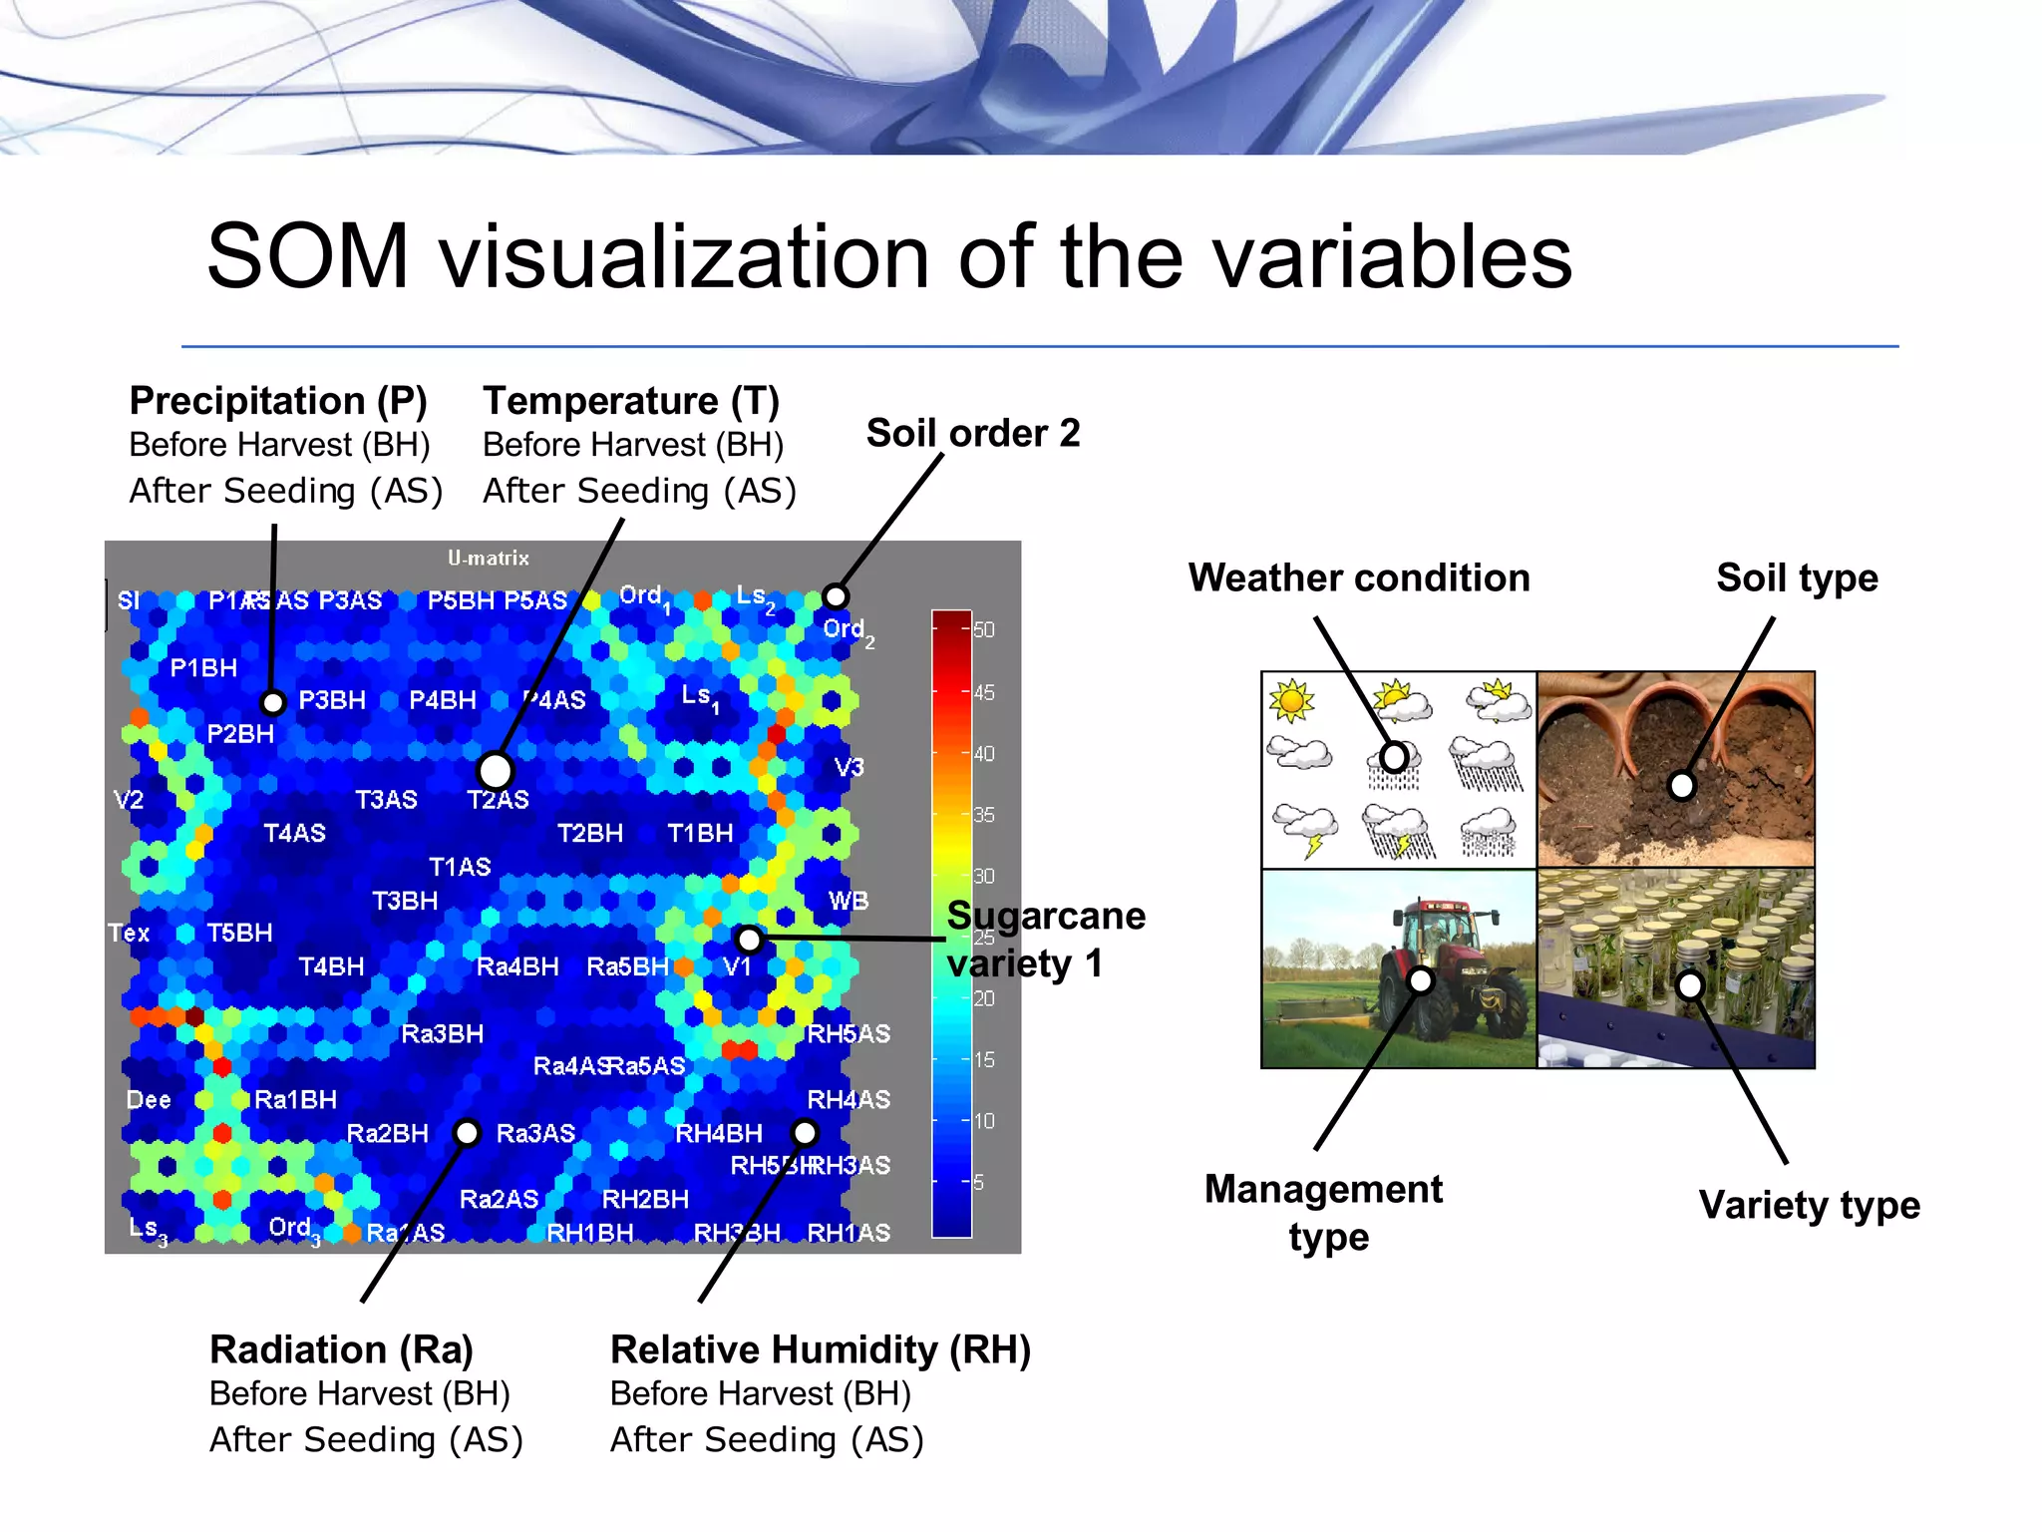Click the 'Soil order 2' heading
[972, 434]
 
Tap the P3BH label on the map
[332, 700]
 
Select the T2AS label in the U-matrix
[498, 800]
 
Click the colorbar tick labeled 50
[983, 629]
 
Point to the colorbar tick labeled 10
[983, 1120]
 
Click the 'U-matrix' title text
[488, 558]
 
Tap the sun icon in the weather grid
[1292, 700]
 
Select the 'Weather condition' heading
[1358, 578]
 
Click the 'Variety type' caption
[1809, 1205]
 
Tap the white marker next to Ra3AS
[467, 1133]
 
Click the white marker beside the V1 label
[749, 939]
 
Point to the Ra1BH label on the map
[295, 1099]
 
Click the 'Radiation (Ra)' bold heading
[341, 1349]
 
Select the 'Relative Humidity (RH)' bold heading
[820, 1349]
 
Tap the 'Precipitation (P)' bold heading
[278, 401]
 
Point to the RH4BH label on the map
[718, 1133]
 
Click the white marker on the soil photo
[1681, 786]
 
